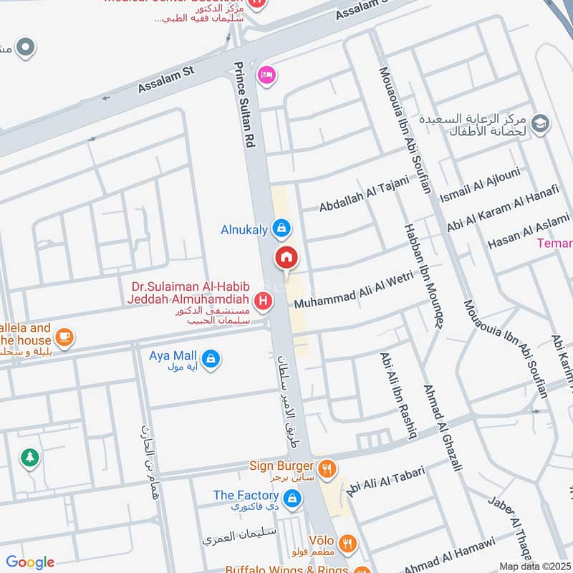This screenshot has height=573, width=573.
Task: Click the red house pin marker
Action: pyautogui.click(x=286, y=257)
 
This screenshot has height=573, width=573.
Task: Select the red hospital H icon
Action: pyautogui.click(x=264, y=302)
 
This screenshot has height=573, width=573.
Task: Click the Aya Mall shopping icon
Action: pyautogui.click(x=211, y=358)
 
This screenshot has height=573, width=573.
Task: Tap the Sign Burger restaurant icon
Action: pyautogui.click(x=327, y=469)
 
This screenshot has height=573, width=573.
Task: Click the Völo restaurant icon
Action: pyautogui.click(x=347, y=544)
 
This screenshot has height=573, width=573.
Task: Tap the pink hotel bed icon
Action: pyautogui.click(x=266, y=75)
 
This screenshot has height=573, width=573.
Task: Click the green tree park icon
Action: pyautogui.click(x=29, y=457)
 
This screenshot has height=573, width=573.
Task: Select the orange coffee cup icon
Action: pyautogui.click(x=64, y=336)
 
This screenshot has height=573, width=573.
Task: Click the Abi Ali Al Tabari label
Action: pyautogui.click(x=385, y=481)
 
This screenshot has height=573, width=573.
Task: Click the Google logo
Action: pyautogui.click(x=30, y=562)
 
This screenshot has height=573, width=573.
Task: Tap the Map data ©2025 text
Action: pyautogui.click(x=533, y=566)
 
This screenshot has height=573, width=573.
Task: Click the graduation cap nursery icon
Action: pyautogui.click(x=540, y=124)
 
